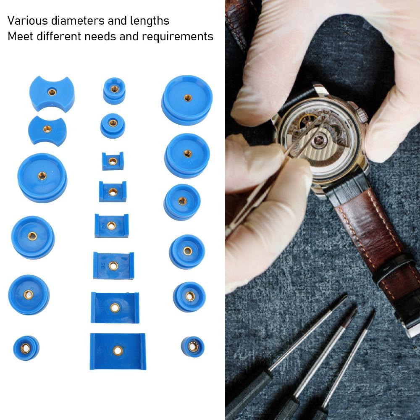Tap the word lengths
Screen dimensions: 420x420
click(150, 21)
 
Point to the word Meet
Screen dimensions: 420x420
click(20, 37)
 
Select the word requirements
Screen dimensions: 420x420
click(177, 37)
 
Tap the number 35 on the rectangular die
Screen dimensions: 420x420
click(102, 265)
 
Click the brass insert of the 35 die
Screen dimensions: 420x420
click(113, 265)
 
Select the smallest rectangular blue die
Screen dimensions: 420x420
click(112, 160)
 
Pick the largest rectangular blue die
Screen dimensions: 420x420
click(118, 351)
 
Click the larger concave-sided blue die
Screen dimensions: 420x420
click(52, 93)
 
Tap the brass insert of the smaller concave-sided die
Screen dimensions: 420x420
click(47, 129)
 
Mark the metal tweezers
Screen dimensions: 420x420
click(273, 176)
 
